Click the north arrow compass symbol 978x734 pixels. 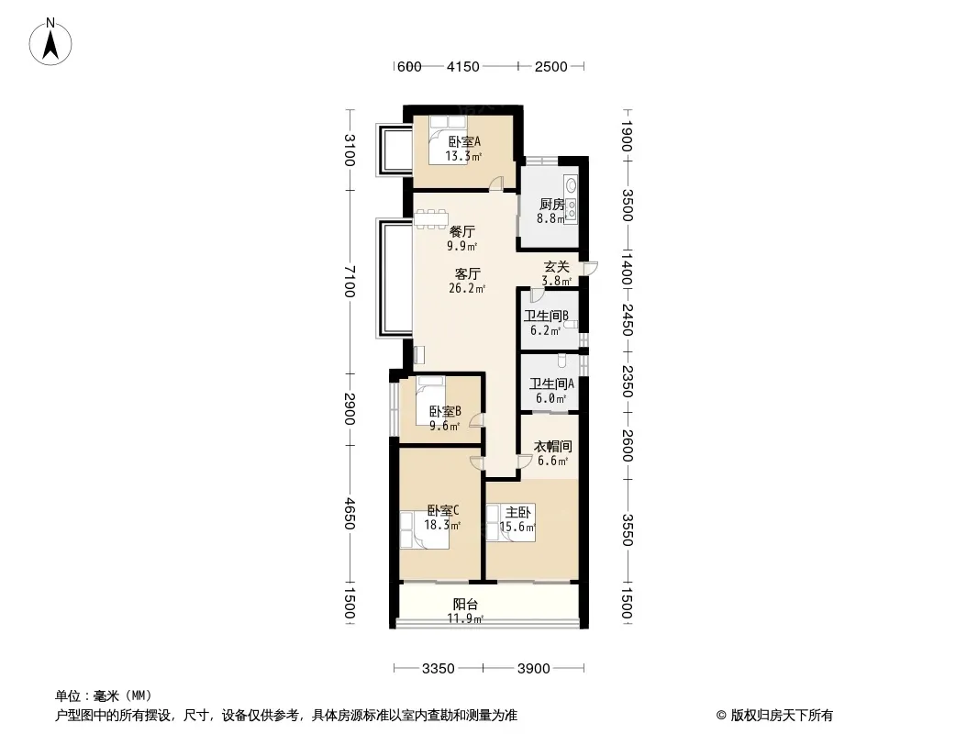coord(50,42)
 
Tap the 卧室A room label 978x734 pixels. coord(464,141)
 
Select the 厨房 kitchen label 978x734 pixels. coord(552,204)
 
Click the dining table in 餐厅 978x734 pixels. coord(431,218)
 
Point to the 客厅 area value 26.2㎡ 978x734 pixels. coord(467,288)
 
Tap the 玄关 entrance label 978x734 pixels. coord(556,267)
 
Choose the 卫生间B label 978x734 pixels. coord(547,316)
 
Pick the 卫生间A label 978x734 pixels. coord(551,384)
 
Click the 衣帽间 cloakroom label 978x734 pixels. coord(553,447)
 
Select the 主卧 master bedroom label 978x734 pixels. coord(518,513)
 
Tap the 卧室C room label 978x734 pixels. coord(443,511)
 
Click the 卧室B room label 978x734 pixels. coord(445,412)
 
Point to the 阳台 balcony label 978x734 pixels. coord(465,605)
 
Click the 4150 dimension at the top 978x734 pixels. coord(462,66)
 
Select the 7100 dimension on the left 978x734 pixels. coord(350,282)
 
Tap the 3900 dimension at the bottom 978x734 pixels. coord(534,669)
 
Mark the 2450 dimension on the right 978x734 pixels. coord(628,319)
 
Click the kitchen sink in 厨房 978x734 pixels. coord(571,184)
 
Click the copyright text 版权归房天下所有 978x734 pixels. coord(781,716)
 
